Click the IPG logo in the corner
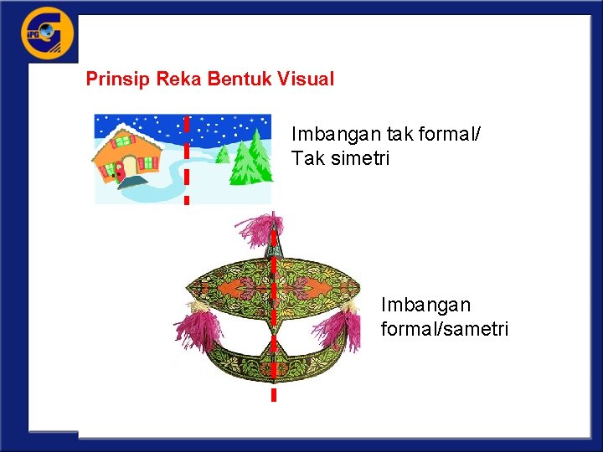pos(48,34)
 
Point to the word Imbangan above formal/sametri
pos(425,304)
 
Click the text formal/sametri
pos(444,329)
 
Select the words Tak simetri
pos(340,157)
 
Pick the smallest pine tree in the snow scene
pos(223,153)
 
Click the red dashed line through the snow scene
pos(187,159)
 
